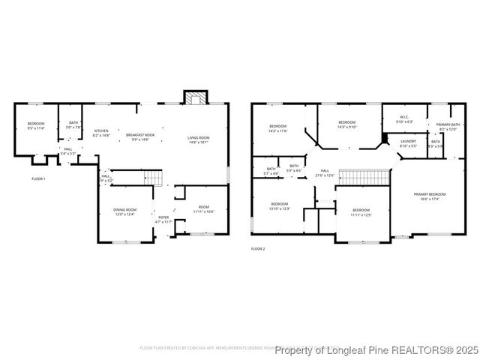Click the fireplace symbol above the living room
[195, 98]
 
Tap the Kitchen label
[101, 133]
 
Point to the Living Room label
[198, 139]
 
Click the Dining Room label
[124, 211]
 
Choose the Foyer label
[163, 220]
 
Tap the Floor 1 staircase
[152, 178]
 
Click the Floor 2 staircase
[364, 176]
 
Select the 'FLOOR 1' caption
[38, 178]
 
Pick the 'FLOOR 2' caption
[258, 248]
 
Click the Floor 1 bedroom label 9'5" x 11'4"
[36, 126]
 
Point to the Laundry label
[408, 142]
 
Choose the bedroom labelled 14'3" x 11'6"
[277, 128]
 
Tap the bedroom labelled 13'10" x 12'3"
[279, 205]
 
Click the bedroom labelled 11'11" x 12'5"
[361, 212]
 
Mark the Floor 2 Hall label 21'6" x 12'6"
[325, 172]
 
